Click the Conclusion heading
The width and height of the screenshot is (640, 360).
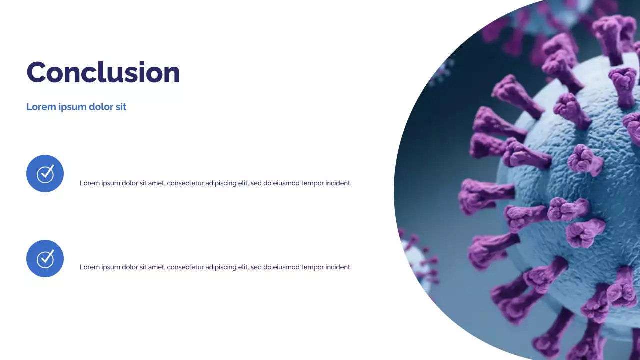pos(103,72)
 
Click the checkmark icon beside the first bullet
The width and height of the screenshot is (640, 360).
pos(45,173)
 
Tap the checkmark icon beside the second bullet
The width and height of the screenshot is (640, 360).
pos(45,258)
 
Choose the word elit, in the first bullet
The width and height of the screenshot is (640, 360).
pos(243,183)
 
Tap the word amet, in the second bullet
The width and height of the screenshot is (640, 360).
pos(156,267)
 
